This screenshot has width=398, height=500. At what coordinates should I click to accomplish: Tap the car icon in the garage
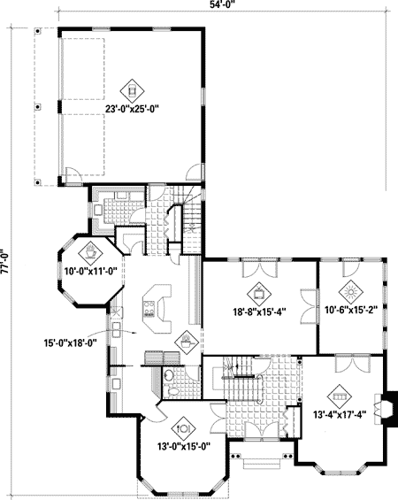click(x=132, y=88)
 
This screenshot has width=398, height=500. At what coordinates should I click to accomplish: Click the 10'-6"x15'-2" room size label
click(x=351, y=311)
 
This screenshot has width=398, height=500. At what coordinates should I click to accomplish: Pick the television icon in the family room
click(x=258, y=291)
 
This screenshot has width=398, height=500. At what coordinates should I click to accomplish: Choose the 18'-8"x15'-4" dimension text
click(x=258, y=311)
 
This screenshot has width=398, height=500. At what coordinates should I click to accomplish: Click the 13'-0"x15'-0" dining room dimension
click(x=185, y=446)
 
